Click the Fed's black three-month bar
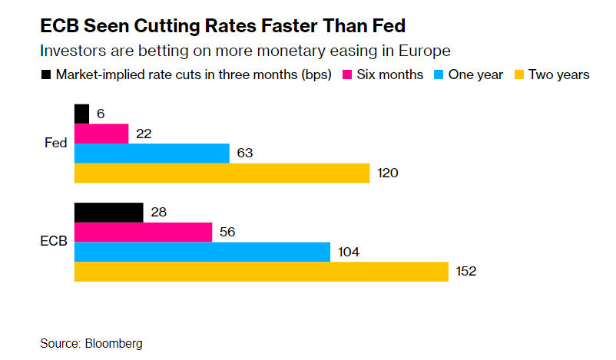point(81,114)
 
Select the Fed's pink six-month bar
point(101,134)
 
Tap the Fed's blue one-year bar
point(151,154)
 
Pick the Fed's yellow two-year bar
point(221,173)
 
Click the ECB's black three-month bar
point(108,213)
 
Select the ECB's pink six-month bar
point(143,232)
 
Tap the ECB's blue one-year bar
point(202,252)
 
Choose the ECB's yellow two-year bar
point(261,271)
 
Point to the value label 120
point(388,173)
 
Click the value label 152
point(466,272)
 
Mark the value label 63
point(245,154)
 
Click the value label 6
point(100,114)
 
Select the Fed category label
point(56,143)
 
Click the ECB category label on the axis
point(54,241)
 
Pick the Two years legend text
point(558,74)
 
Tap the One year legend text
point(475,74)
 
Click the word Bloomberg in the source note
point(114,343)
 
